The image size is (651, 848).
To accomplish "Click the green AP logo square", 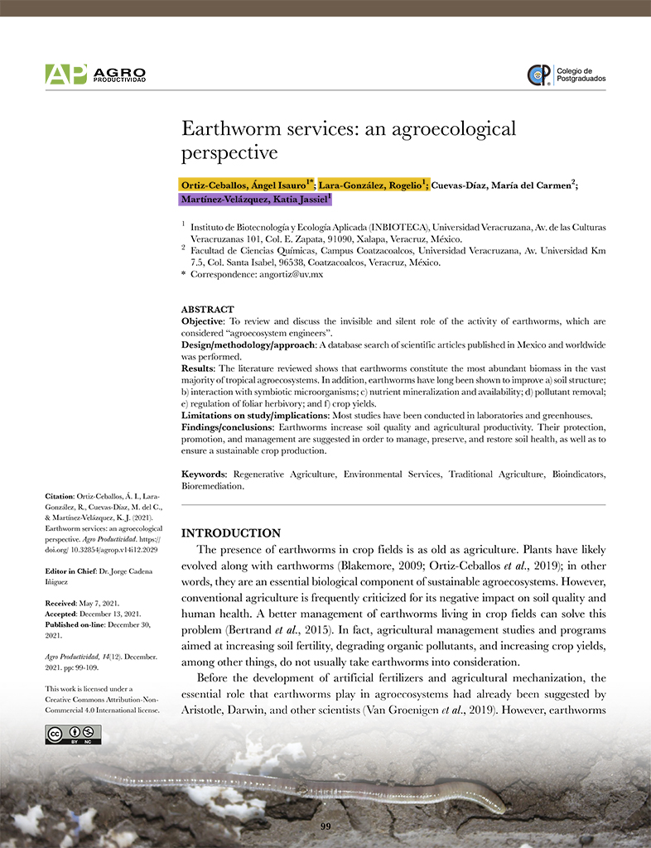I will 65,75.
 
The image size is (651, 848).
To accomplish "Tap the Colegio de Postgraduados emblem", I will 538,75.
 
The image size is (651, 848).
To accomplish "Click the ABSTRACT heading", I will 207,309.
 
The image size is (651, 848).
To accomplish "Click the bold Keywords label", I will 205,475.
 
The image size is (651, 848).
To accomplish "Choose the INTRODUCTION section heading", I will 230,532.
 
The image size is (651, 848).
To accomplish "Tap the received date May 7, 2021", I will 104,605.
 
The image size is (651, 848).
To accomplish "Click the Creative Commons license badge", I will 73,735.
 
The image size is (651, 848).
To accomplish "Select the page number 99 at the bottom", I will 325,826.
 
